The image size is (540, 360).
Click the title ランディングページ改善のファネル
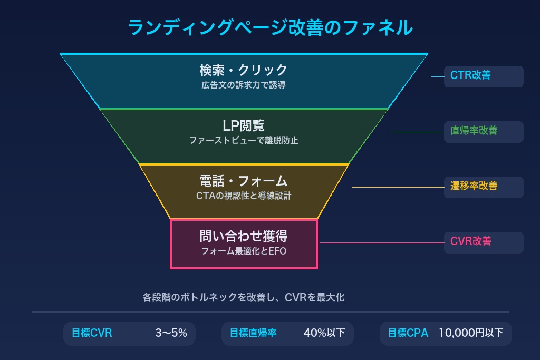270,27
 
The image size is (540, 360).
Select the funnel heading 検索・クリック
244,70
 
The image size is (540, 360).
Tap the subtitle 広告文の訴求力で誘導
244,85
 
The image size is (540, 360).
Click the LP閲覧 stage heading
244,125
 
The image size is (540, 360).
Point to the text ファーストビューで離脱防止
244,141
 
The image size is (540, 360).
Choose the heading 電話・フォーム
244,181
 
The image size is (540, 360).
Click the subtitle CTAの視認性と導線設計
244,196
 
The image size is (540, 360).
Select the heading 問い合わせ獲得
244,236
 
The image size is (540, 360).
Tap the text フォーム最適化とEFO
244,251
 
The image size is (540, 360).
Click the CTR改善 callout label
470,75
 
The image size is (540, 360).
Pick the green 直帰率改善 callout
474,131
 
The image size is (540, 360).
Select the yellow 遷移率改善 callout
474,186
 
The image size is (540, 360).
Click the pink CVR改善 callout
470,241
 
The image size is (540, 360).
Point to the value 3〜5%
171,333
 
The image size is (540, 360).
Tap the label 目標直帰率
253,333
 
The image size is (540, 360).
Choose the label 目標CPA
408,333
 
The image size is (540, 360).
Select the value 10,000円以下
471,333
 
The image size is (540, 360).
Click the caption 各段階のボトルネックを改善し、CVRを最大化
244,298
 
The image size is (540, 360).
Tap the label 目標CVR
92,333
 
